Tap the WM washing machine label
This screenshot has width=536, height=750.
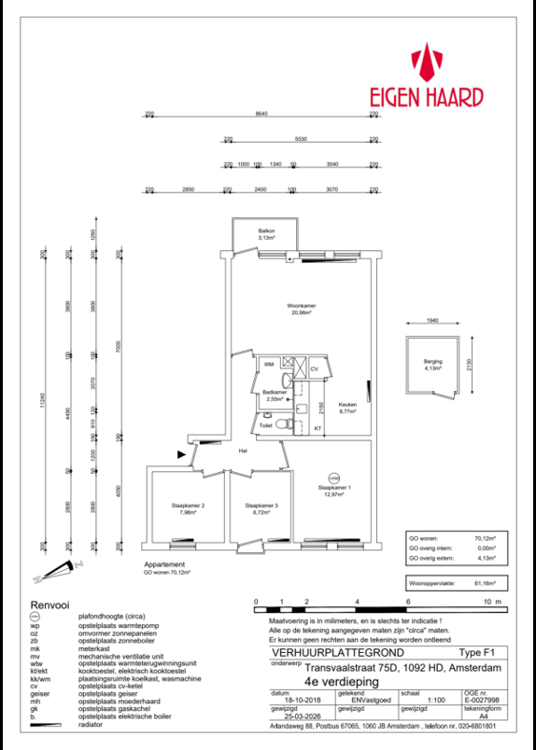[x=268, y=364]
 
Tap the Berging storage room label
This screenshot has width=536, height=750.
[x=432, y=364]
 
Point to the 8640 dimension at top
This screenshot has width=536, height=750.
[x=261, y=114]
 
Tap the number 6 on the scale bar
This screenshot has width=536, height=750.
[x=407, y=603]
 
